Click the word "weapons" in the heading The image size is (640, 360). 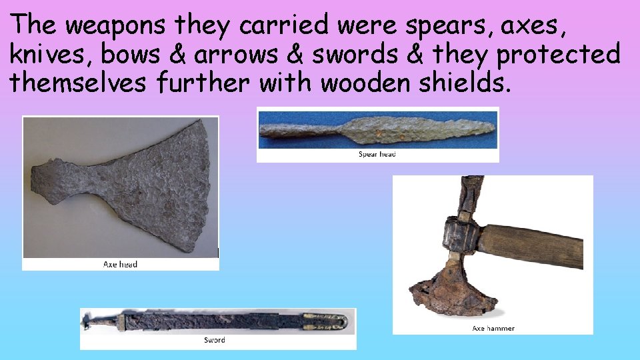pos(117,26)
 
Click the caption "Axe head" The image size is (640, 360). pos(121,264)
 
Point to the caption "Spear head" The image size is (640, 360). pos(377,155)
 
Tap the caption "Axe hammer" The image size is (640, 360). pos(493,328)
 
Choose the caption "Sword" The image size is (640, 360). pos(215,340)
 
